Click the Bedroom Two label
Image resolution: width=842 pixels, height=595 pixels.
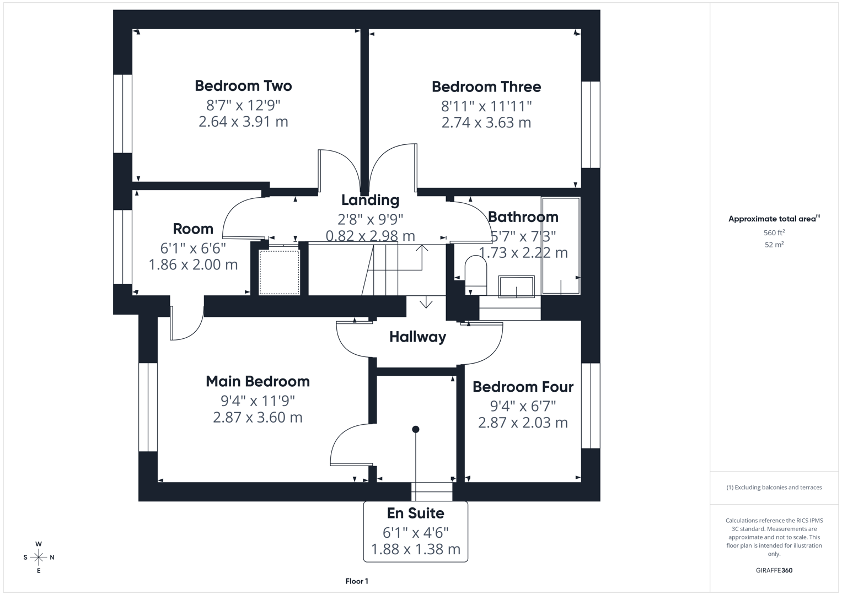pos(243,86)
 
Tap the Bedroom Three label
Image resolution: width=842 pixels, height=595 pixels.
pos(486,87)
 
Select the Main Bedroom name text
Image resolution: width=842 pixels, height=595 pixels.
pos(258,381)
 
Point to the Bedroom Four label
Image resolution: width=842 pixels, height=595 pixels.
pos(523,387)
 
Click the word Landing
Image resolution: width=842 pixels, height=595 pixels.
pos(370,200)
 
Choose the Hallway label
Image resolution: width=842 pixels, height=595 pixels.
pos(417,337)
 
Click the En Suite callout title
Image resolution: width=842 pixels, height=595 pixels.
pos(415,513)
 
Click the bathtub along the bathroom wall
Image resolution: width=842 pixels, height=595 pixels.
pos(560,245)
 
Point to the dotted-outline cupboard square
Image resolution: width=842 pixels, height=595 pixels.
pos(280,272)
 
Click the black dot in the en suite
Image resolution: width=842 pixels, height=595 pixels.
pos(416,429)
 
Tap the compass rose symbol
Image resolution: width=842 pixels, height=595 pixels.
pos(39,558)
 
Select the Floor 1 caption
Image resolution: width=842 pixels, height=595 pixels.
pos(357,581)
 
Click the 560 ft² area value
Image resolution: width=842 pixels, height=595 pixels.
pos(774,233)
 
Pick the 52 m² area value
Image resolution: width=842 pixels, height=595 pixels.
pos(774,245)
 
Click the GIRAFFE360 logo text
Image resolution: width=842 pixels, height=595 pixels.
pos(774,570)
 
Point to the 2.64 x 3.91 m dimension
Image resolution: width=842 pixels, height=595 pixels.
pos(243,122)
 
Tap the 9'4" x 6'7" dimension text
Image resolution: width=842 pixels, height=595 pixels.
pos(523,406)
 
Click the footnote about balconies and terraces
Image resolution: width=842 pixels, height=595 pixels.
pos(774,488)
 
